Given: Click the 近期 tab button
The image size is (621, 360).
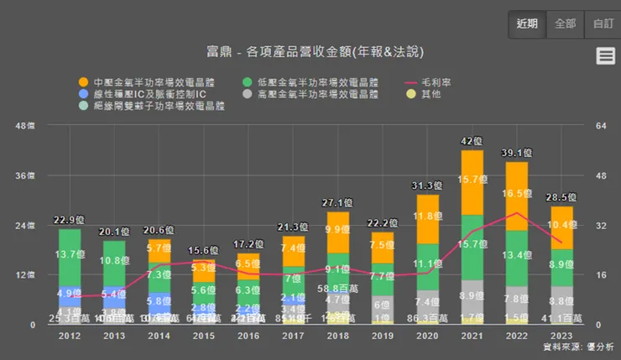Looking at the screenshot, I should point(528,23).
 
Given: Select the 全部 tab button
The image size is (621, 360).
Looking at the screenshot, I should point(566,23).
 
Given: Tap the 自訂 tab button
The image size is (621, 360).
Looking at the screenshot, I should point(603,23).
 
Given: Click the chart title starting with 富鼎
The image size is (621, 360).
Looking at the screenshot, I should point(310,52).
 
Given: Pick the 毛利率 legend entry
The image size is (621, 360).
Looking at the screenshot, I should point(431,83).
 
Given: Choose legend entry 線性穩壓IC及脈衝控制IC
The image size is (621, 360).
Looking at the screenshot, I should point(143,95).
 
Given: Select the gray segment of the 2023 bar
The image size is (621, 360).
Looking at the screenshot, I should point(562,300).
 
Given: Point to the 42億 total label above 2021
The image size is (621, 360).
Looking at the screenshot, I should point(472,141).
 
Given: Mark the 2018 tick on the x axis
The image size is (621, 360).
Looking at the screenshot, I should point(338,336).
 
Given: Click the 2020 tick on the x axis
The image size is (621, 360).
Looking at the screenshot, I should point(428,336).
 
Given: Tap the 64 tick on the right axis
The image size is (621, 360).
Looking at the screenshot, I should point(599,126).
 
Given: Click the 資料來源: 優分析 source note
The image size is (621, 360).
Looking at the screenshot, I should point(579,347).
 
